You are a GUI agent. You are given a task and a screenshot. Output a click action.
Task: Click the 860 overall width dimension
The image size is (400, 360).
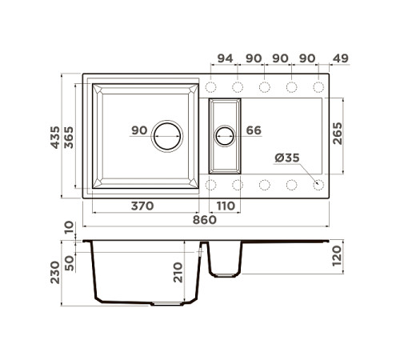[x=204, y=220]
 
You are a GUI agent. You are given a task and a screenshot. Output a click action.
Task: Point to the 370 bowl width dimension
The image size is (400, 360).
[x=142, y=206]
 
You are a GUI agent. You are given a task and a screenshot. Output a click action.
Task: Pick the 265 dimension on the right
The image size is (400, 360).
[x=339, y=134]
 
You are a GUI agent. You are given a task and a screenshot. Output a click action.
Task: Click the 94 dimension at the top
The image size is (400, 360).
[x=226, y=58]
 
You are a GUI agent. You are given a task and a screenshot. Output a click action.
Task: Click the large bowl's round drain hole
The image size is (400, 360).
[x=168, y=136]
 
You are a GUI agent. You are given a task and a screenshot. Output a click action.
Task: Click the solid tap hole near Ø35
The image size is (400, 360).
[x=318, y=184]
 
